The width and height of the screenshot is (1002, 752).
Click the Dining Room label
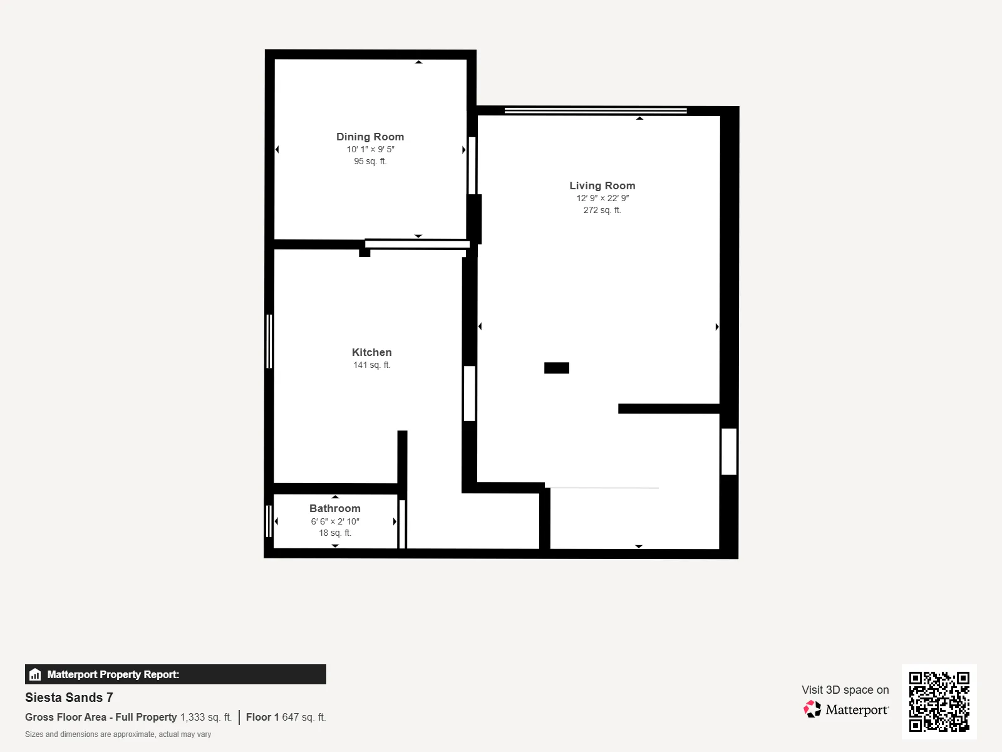pyautogui.click(x=370, y=137)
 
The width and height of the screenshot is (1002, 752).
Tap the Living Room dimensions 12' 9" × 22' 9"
pyautogui.click(x=602, y=198)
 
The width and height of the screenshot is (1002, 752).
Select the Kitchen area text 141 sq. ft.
pyautogui.click(x=371, y=365)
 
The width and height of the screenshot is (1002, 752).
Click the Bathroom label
pyautogui.click(x=335, y=508)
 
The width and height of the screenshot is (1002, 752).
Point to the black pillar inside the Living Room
pyautogui.click(x=557, y=368)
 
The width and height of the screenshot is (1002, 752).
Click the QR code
pyautogui.click(x=939, y=701)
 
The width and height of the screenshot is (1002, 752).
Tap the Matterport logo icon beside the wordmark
pyautogui.click(x=812, y=709)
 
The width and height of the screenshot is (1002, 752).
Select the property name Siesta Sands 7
pyautogui.click(x=69, y=697)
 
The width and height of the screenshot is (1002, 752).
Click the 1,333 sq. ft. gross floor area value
pyautogui.click(x=206, y=717)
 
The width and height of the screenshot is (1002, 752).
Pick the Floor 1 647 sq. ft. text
pyautogui.click(x=286, y=717)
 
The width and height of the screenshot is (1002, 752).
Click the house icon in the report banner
pyautogui.click(x=35, y=674)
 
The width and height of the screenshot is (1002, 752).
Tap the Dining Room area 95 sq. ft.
pyautogui.click(x=370, y=161)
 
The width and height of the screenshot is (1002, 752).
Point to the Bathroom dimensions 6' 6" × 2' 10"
pyautogui.click(x=335, y=521)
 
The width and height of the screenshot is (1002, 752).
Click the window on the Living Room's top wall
pyautogui.click(x=596, y=110)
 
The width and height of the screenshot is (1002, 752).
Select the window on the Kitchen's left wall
pyautogui.click(x=269, y=341)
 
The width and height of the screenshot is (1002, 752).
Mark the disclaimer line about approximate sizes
pyautogui.click(x=118, y=734)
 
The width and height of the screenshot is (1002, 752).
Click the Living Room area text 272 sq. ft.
pyautogui.click(x=602, y=210)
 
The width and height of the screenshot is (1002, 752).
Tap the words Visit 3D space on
pyautogui.click(x=845, y=689)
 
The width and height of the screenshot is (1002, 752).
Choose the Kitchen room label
pyautogui.click(x=371, y=352)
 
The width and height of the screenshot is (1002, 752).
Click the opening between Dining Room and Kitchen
pyautogui.click(x=417, y=244)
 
